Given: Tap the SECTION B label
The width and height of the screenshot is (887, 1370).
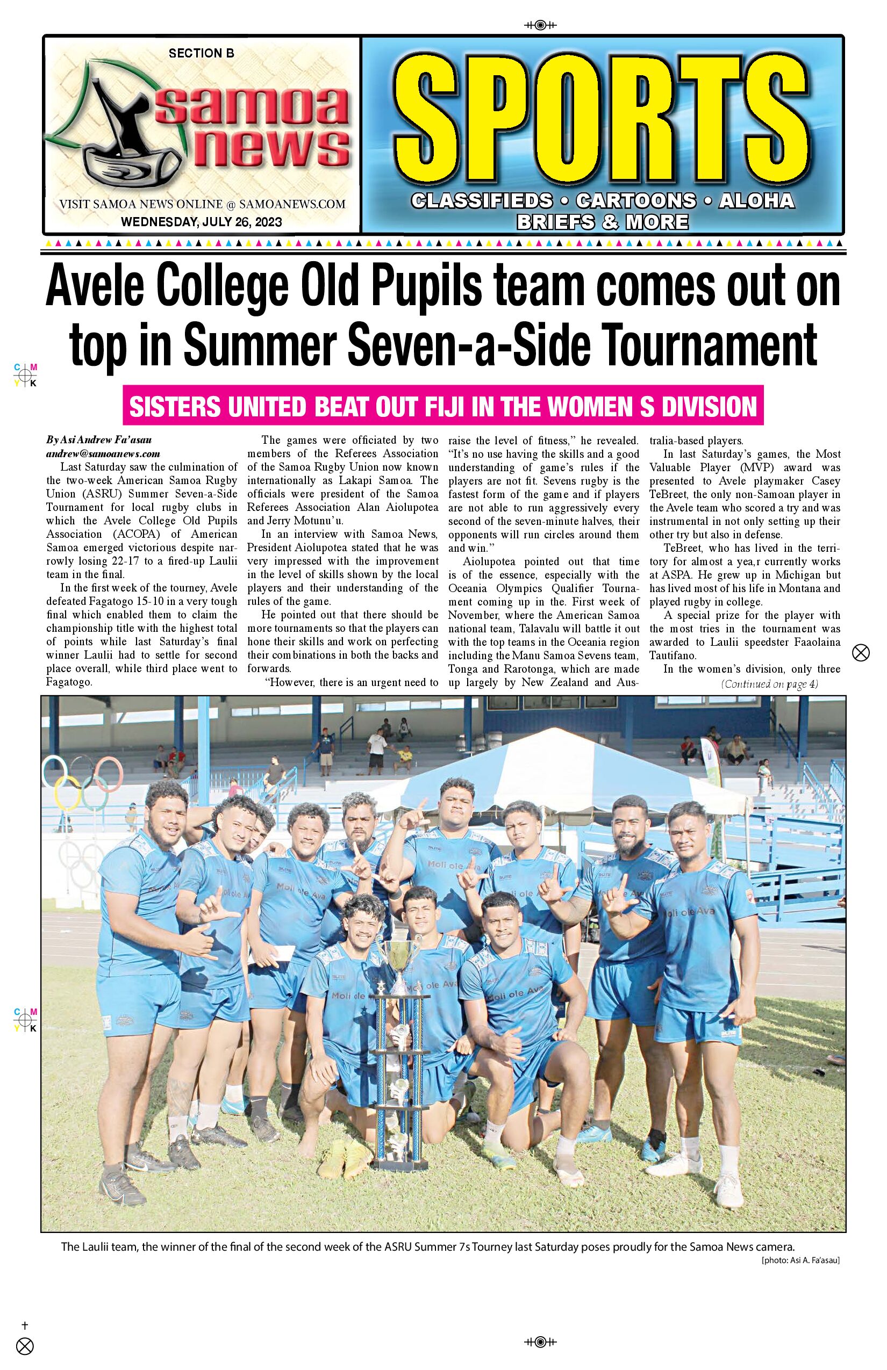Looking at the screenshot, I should [x=201, y=54].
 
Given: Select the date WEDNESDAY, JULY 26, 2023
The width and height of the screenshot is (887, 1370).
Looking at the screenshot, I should [x=202, y=221].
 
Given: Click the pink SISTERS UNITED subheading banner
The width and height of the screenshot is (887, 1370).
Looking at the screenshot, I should [x=443, y=406].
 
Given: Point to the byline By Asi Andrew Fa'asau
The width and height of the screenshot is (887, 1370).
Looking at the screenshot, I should [x=99, y=441].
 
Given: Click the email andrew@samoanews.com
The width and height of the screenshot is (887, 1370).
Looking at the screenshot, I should [x=103, y=453].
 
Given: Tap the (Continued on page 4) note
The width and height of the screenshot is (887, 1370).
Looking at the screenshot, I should [x=769, y=684].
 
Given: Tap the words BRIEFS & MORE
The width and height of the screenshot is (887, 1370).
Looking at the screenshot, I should [x=602, y=221].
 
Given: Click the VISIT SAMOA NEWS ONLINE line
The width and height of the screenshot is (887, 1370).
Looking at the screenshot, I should [x=202, y=204].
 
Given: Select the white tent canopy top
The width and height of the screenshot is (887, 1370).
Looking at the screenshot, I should [x=553, y=754].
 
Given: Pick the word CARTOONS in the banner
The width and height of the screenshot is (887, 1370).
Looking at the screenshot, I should [x=635, y=200].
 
